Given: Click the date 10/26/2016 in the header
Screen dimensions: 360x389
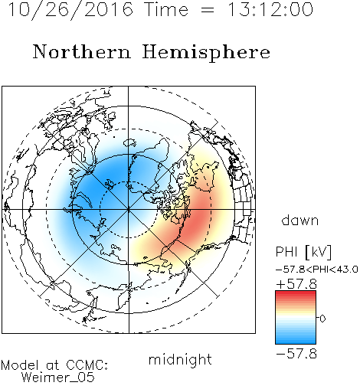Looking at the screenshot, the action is coord(70,10).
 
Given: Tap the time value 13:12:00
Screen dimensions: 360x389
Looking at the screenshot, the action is coord(270,9).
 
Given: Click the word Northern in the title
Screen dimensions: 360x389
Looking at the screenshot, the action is coord(82,51).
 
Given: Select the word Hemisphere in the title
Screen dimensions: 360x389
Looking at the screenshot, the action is coord(206,53).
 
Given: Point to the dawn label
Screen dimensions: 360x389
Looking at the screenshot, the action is coord(300,220).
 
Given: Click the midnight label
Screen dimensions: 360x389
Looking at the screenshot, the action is coord(180,359).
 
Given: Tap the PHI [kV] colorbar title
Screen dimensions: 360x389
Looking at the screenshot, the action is coord(303,252).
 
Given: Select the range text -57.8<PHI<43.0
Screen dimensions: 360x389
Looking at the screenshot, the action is coord(317,270).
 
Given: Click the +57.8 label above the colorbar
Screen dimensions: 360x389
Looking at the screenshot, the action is coord(296,284).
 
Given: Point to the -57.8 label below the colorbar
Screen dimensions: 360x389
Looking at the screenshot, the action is coord(296,354).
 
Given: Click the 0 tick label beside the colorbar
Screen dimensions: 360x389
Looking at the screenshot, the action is coord(322,319).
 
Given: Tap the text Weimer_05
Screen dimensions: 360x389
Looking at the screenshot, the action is coord(57,378).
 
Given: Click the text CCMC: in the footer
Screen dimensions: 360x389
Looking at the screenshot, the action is coord(87,365).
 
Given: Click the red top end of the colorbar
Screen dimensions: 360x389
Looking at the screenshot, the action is coord(296,293).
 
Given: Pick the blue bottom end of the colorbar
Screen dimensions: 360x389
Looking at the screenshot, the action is coord(296,342).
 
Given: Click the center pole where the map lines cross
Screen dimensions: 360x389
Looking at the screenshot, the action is coord(129,210).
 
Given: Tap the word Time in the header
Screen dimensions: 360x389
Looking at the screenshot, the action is coord(166,10).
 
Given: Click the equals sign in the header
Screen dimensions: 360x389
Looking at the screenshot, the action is coord(208,10).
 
